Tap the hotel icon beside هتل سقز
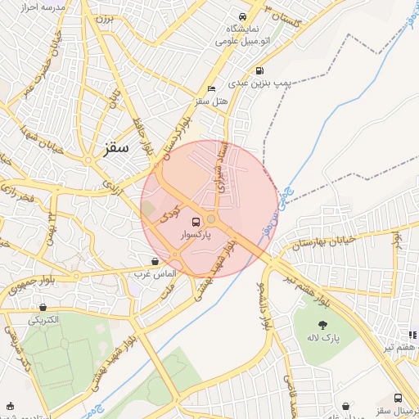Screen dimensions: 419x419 click(x=213, y=88)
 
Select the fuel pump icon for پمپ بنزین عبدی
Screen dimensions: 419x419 click(x=259, y=70)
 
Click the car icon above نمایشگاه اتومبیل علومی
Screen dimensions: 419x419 click(x=242, y=16)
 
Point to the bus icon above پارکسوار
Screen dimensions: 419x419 click(x=196, y=221)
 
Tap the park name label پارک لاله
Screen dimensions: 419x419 click(x=323, y=337)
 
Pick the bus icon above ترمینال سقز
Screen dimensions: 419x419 click(x=399, y=398)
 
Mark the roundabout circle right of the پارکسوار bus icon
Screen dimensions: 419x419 click(x=211, y=219)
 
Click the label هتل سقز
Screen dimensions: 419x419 click(x=210, y=101)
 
